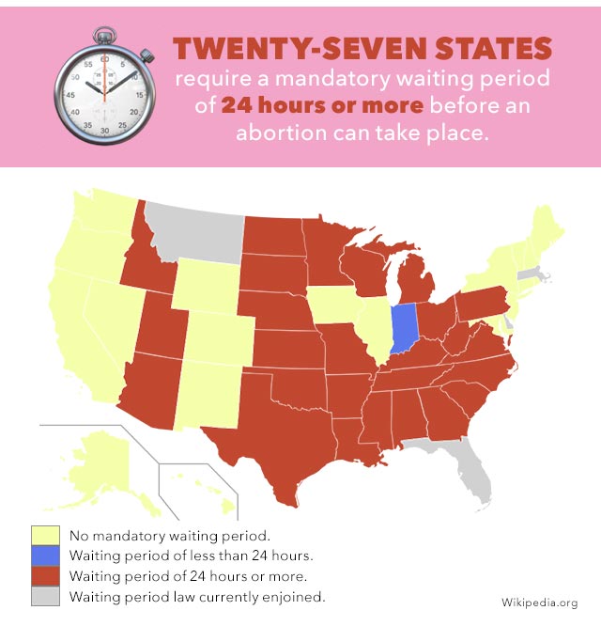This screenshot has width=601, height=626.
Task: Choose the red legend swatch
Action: pos(44,576)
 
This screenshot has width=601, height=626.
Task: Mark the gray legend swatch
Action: pos(44,596)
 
